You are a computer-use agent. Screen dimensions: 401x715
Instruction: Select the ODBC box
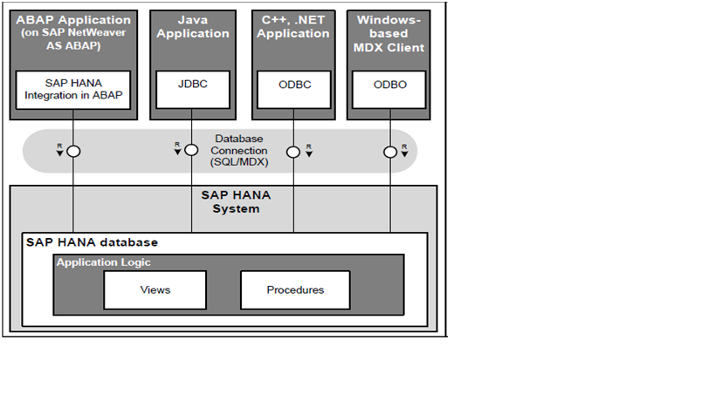pyautogui.click(x=293, y=85)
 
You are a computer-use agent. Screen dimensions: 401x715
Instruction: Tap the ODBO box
pyautogui.click(x=389, y=85)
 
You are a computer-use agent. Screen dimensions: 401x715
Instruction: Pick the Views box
pyautogui.click(x=155, y=289)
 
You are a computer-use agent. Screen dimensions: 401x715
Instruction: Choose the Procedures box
pyautogui.click(x=294, y=289)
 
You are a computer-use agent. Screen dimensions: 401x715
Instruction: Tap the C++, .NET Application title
pyautogui.click(x=293, y=26)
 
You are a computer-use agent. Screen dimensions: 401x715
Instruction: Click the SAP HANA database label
pyautogui.click(x=92, y=241)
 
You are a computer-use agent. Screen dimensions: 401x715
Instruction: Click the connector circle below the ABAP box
pyautogui.click(x=74, y=151)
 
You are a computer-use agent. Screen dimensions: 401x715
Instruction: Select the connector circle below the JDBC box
pyautogui.click(x=191, y=151)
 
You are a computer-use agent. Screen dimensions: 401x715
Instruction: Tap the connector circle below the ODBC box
pyautogui.click(x=293, y=151)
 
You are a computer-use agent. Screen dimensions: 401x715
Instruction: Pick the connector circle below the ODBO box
pyautogui.click(x=389, y=151)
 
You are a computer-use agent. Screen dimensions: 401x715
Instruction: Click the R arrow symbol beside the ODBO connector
pyautogui.click(x=405, y=150)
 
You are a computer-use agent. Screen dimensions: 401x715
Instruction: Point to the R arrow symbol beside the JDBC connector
pyautogui.click(x=177, y=150)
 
